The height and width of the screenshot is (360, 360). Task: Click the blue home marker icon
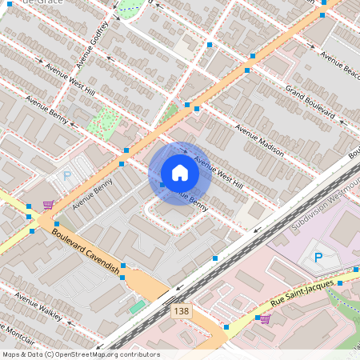point(180,173)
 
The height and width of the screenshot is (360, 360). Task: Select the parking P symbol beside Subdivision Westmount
point(318,258)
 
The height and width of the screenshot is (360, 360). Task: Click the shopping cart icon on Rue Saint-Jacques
point(265,318)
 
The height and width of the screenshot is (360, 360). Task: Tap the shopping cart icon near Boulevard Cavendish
point(48,205)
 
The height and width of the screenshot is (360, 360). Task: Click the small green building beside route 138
point(138,306)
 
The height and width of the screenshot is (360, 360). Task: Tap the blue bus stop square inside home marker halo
point(162,185)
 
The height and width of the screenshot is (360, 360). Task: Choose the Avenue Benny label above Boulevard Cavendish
point(92,194)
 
